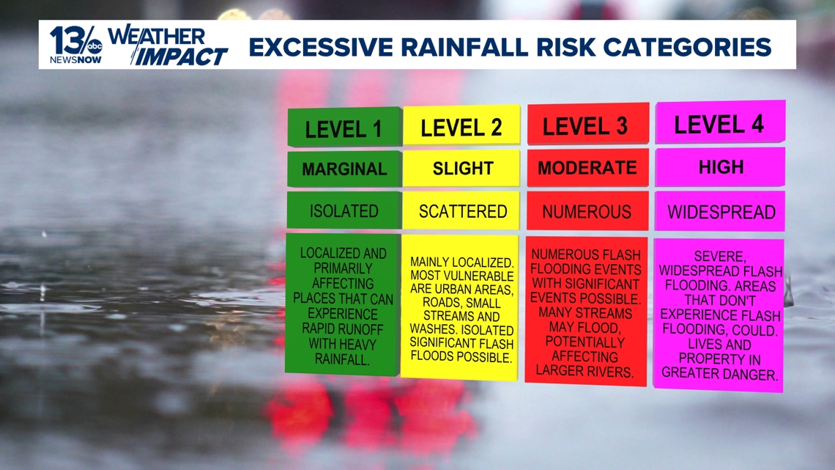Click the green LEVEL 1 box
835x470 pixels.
click(344, 127)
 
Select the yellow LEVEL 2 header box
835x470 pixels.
click(461, 126)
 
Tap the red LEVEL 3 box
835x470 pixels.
click(588, 124)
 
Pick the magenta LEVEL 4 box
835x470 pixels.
click(720, 122)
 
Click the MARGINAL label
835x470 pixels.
click(344, 169)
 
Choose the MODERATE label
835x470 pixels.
click(588, 167)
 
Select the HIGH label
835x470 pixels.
click(720, 166)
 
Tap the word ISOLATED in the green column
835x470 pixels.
click(344, 211)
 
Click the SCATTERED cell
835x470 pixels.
click(461, 211)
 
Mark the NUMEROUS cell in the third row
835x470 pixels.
click(587, 212)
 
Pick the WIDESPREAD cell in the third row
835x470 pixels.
click(720, 212)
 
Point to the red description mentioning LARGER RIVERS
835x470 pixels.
click(586, 312)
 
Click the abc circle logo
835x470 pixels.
click(94, 46)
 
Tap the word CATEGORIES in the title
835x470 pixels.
click(688, 47)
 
